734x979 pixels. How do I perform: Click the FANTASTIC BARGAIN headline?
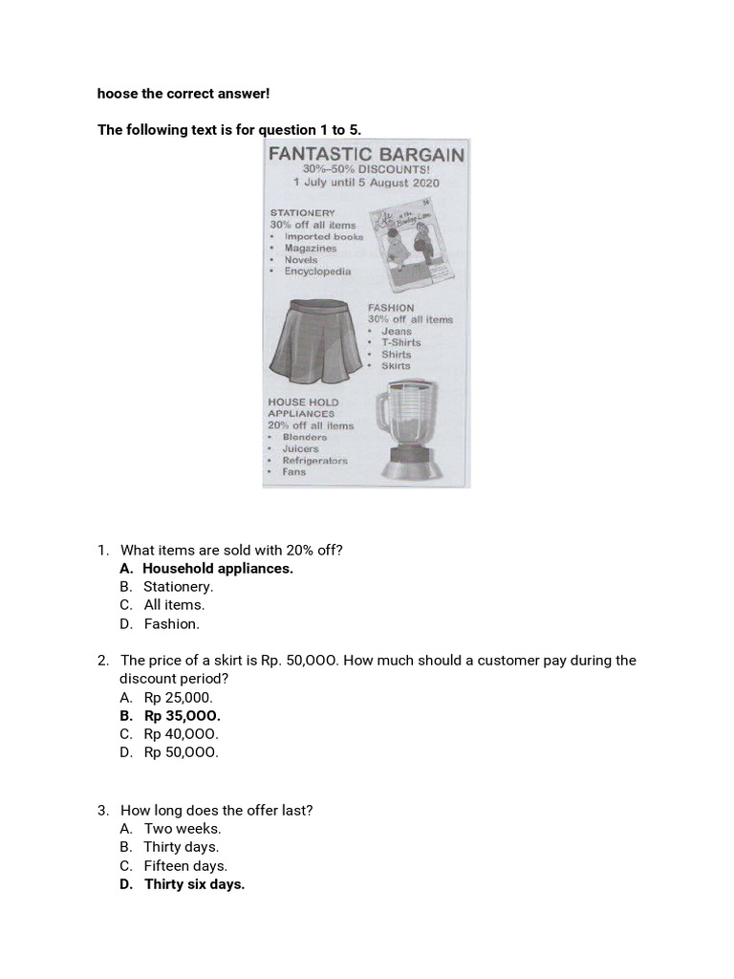367,155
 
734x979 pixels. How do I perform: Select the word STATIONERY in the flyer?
302,212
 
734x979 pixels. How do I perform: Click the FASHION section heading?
391,308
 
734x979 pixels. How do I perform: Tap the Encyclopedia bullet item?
317,272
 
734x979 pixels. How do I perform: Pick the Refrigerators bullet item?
314,460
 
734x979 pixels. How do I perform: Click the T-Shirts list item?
400,342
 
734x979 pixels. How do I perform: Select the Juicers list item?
300,448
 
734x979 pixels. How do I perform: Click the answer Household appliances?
218,568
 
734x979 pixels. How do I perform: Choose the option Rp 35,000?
182,715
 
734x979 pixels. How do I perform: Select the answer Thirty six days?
194,884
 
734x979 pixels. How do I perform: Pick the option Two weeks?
183,829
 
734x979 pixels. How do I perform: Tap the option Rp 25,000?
178,697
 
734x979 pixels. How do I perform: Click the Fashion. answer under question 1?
172,624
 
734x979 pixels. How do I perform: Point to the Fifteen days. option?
185,866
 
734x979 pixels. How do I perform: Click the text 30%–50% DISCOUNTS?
366,169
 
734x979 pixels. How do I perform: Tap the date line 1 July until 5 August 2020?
366,182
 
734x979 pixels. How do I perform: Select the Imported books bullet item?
323,236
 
